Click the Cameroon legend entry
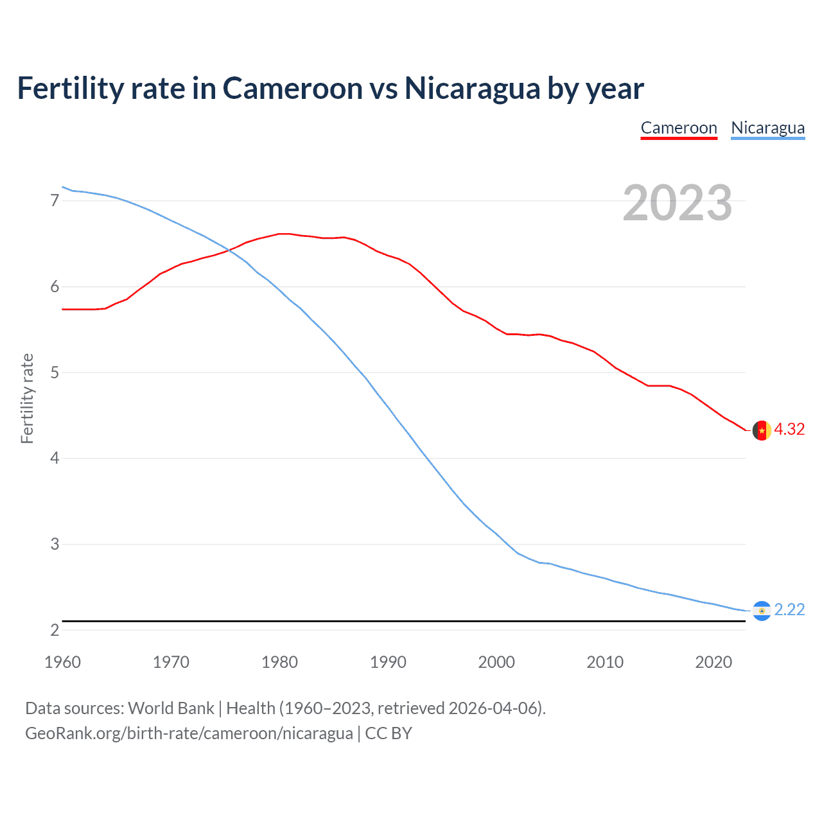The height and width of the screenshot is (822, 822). [679, 128]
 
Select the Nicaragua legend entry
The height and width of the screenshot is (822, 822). [767, 128]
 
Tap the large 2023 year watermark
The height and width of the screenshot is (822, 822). [678, 203]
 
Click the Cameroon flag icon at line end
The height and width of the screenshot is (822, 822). [762, 430]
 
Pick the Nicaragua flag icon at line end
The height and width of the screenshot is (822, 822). [762, 611]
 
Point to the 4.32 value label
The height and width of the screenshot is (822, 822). [789, 430]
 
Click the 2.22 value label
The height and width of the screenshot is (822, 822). [789, 610]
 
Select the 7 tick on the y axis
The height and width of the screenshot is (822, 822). [55, 201]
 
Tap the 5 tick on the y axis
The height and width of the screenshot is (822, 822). [55, 372]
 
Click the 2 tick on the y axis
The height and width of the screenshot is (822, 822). [55, 631]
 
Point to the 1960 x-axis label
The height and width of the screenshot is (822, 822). [62, 662]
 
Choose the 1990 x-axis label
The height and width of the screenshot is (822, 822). [388, 662]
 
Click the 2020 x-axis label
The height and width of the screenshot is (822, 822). [713, 662]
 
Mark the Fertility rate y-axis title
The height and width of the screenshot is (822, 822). [27, 398]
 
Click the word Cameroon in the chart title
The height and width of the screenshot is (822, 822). [292, 89]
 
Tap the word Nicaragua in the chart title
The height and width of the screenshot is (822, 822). [472, 89]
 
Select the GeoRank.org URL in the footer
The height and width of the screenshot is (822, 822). [189, 733]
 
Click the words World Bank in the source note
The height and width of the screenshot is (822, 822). [171, 708]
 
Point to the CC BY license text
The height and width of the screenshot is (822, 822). [389, 733]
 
